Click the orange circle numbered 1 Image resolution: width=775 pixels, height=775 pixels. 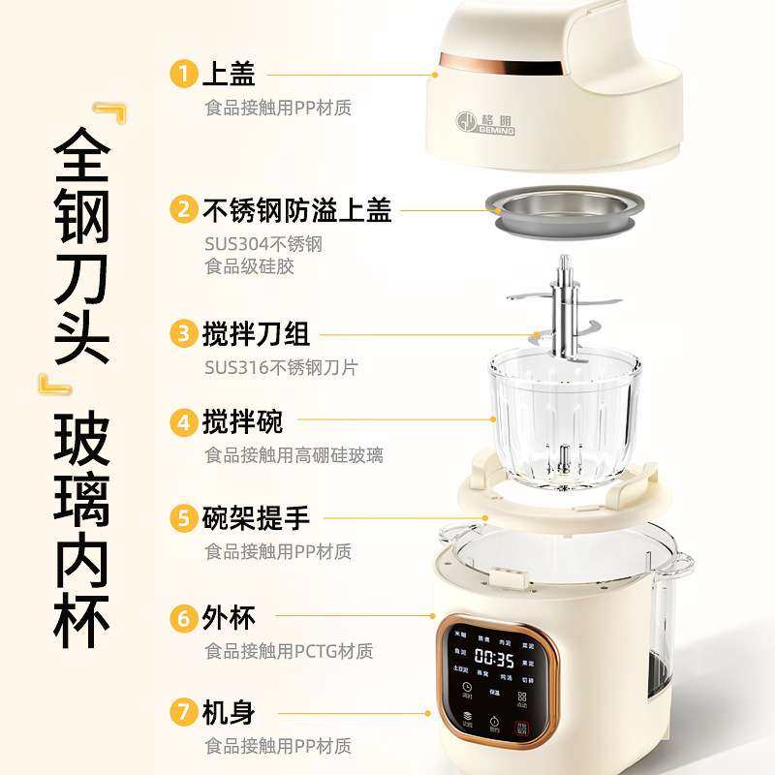pos(183,74)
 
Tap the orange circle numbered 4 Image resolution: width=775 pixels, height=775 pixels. pos(183,422)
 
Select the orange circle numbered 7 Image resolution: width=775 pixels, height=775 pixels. pos(183,713)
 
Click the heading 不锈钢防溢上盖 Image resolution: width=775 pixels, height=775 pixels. pos(297,209)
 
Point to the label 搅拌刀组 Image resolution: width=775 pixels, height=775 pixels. pos(256,335)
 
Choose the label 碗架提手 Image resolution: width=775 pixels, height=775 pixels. pos(256,518)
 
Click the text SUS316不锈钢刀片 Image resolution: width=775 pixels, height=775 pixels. pos(281,367)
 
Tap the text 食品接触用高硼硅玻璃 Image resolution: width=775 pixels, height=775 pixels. pos(294,454)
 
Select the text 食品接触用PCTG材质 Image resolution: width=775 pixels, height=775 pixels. pos(289,651)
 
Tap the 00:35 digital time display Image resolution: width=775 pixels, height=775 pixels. pos(493,659)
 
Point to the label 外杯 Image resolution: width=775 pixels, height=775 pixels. pos(229,616)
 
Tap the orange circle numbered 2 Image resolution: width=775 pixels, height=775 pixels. pos(183,209)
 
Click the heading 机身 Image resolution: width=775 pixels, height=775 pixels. pos(229,713)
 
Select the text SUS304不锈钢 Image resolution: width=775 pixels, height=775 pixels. pos(263,244)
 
